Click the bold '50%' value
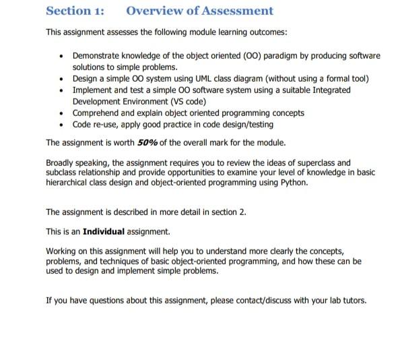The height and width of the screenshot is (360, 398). [x=147, y=143]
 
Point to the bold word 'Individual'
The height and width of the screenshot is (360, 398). [x=104, y=231]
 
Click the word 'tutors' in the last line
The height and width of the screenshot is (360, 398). [x=353, y=300]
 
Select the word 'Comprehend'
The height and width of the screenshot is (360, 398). [x=94, y=113]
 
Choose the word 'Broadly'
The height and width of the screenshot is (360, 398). [x=59, y=162]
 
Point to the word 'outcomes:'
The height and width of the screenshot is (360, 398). [x=268, y=32]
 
